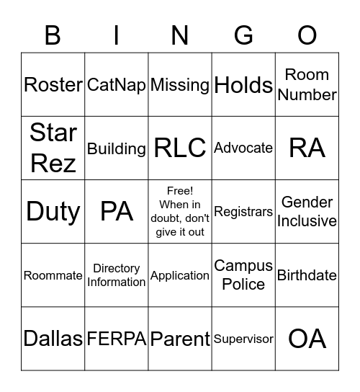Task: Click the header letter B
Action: click(53, 35)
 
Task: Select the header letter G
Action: click(243, 35)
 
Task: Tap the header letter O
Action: click(307, 35)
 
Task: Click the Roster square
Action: click(53, 85)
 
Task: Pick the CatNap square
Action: click(117, 85)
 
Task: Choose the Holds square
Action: click(243, 85)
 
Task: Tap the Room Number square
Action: click(307, 85)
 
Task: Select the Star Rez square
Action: click(53, 148)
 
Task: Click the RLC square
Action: click(180, 148)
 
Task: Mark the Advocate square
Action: click(243, 148)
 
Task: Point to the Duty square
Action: click(53, 212)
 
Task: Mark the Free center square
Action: click(180, 212)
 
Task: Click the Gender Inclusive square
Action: click(307, 212)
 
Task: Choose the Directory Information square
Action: click(117, 275)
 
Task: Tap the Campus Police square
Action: click(243, 275)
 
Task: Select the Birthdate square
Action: click(307, 275)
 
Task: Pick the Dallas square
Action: click(53, 339)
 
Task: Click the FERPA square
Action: click(117, 339)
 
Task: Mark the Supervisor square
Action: click(243, 339)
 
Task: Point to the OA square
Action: click(307, 339)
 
